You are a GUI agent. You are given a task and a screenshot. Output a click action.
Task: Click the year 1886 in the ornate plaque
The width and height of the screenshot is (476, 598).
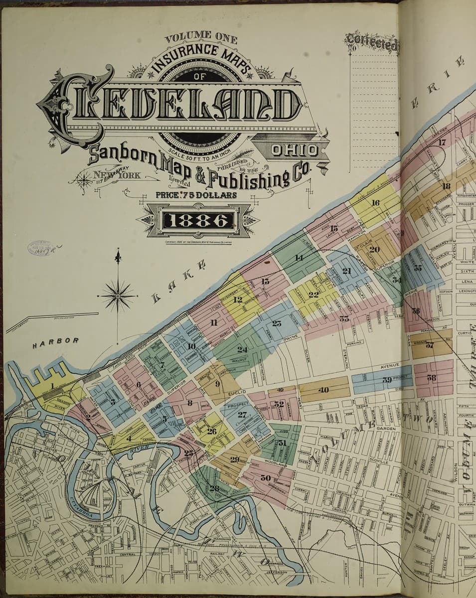pos(199,220)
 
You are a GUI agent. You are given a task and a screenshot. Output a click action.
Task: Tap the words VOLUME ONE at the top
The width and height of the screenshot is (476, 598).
pos(201,37)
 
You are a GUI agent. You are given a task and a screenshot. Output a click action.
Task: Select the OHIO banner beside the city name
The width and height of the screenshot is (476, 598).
pos(295,150)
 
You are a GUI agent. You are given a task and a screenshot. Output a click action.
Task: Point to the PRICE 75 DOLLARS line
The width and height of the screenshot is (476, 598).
pos(196,195)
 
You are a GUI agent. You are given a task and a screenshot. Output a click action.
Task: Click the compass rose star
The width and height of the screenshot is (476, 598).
pos(118,295)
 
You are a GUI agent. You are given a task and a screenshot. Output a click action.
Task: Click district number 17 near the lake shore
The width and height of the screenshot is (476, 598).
pos(442,142)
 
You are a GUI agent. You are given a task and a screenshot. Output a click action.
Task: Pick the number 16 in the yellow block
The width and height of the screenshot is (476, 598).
pos(375,203)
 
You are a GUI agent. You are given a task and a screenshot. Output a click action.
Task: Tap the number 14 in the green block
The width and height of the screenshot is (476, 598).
pos(299,258)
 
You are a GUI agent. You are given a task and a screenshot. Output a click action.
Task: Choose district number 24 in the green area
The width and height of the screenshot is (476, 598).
pos(242,349)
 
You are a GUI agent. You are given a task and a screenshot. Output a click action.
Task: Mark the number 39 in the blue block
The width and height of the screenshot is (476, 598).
pos(387,380)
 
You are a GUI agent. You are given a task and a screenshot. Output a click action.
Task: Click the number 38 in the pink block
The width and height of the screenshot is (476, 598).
pos(432,378)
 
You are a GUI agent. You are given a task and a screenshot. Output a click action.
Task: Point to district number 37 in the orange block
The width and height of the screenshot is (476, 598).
pos(430,345)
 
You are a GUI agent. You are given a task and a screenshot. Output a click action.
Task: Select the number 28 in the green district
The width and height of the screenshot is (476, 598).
pos(214,488)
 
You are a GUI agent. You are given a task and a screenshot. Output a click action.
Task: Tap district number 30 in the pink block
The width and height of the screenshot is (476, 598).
pos(265,477)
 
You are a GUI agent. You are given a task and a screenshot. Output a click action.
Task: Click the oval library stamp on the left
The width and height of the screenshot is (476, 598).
pos(39,248)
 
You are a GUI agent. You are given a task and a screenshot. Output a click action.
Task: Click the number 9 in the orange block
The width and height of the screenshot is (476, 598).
pos(217,384)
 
